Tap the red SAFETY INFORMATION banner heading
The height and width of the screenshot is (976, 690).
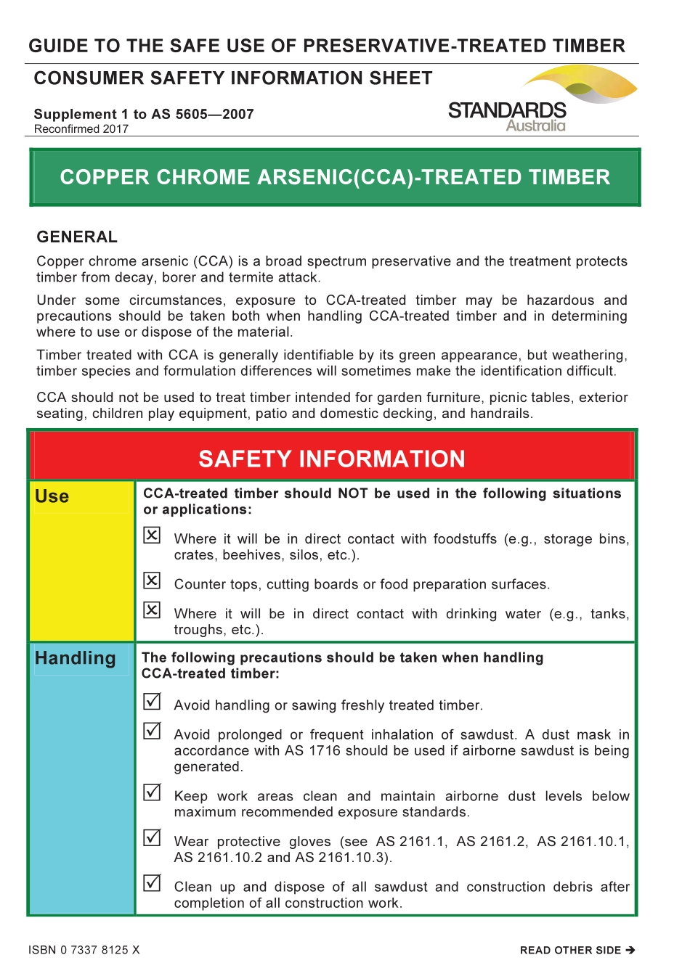click(x=332, y=459)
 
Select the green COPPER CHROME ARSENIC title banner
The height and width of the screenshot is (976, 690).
click(x=335, y=178)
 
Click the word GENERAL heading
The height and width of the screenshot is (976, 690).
click(x=77, y=237)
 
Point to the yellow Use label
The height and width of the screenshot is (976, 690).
click(x=52, y=497)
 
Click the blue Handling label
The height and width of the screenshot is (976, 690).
click(x=76, y=658)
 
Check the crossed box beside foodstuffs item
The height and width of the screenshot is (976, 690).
click(x=152, y=536)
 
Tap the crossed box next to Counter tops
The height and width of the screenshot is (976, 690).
click(x=152, y=581)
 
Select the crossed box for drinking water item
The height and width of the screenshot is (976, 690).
click(x=152, y=610)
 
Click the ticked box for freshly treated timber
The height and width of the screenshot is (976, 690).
click(x=152, y=702)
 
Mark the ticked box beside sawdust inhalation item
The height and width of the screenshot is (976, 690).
click(x=152, y=731)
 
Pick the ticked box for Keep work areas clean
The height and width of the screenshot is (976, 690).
click(x=152, y=792)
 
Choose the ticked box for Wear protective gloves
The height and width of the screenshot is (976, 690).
click(x=152, y=837)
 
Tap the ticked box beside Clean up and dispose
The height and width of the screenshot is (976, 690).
click(x=152, y=883)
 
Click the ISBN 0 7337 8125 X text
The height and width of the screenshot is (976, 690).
click(x=84, y=950)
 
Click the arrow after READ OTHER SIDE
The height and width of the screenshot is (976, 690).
click(x=630, y=950)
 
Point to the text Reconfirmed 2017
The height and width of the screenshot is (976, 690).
click(x=81, y=129)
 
